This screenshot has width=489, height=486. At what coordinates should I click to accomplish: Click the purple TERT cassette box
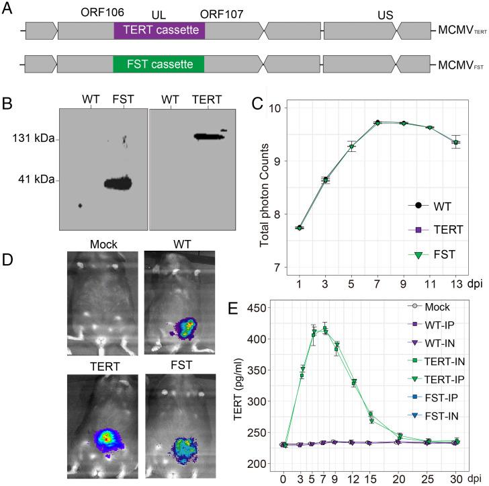[159, 30]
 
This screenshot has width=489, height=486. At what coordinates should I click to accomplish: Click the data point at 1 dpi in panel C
[298, 228]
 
